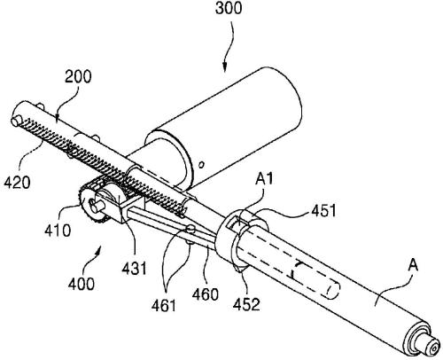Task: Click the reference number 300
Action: tap(229, 8)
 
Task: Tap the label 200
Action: tap(78, 77)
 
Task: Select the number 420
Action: tap(17, 183)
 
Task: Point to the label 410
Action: tap(58, 231)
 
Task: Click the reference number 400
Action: tap(82, 284)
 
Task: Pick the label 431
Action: tap(135, 269)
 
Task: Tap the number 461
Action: tap(164, 305)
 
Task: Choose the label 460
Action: tap(206, 294)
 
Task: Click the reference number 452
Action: tap(246, 304)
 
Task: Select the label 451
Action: tap(324, 211)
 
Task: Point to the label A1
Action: tap(264, 179)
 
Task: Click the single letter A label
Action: tap(413, 265)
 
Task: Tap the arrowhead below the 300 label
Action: tap(224, 67)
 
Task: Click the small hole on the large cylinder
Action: tap(202, 164)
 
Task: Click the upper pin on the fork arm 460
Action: tap(191, 228)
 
